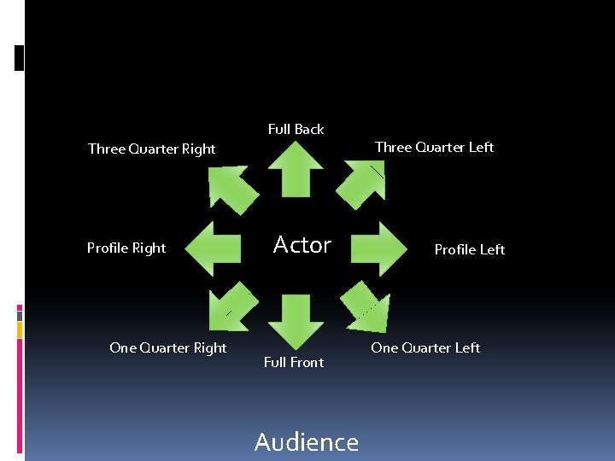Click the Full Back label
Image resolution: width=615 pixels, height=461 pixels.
pos(296,130)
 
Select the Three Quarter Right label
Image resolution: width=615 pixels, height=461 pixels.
pos(152,149)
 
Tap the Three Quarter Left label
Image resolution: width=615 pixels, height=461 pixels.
pos(434,147)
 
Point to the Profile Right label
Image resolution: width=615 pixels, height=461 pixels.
pos(126,248)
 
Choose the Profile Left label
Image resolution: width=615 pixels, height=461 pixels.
pos(469,250)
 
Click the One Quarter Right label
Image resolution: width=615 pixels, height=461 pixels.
pos(168,347)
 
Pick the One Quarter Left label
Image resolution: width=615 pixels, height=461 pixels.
pos(425,347)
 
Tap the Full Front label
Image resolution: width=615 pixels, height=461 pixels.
pos(294,362)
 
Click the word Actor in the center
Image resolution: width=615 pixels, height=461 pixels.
pos(302,246)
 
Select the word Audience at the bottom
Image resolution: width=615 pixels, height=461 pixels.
pos(307,441)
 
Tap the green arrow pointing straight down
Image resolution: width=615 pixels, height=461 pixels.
pos(296,319)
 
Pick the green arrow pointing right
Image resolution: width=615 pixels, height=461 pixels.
pos(378,248)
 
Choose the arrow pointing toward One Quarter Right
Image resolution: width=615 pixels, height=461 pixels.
pos(229,309)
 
